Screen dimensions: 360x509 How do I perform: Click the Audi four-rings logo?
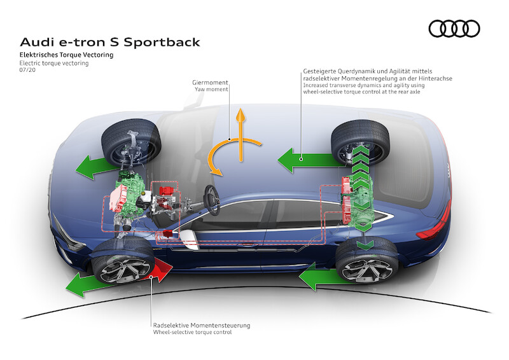coord(454,29)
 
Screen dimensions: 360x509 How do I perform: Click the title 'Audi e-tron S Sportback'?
coord(110,43)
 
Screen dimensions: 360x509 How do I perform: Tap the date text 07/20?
coord(27,72)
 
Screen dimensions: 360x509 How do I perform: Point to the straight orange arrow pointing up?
coord(241,130)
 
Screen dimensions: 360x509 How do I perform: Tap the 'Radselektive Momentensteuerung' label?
coord(201,325)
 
